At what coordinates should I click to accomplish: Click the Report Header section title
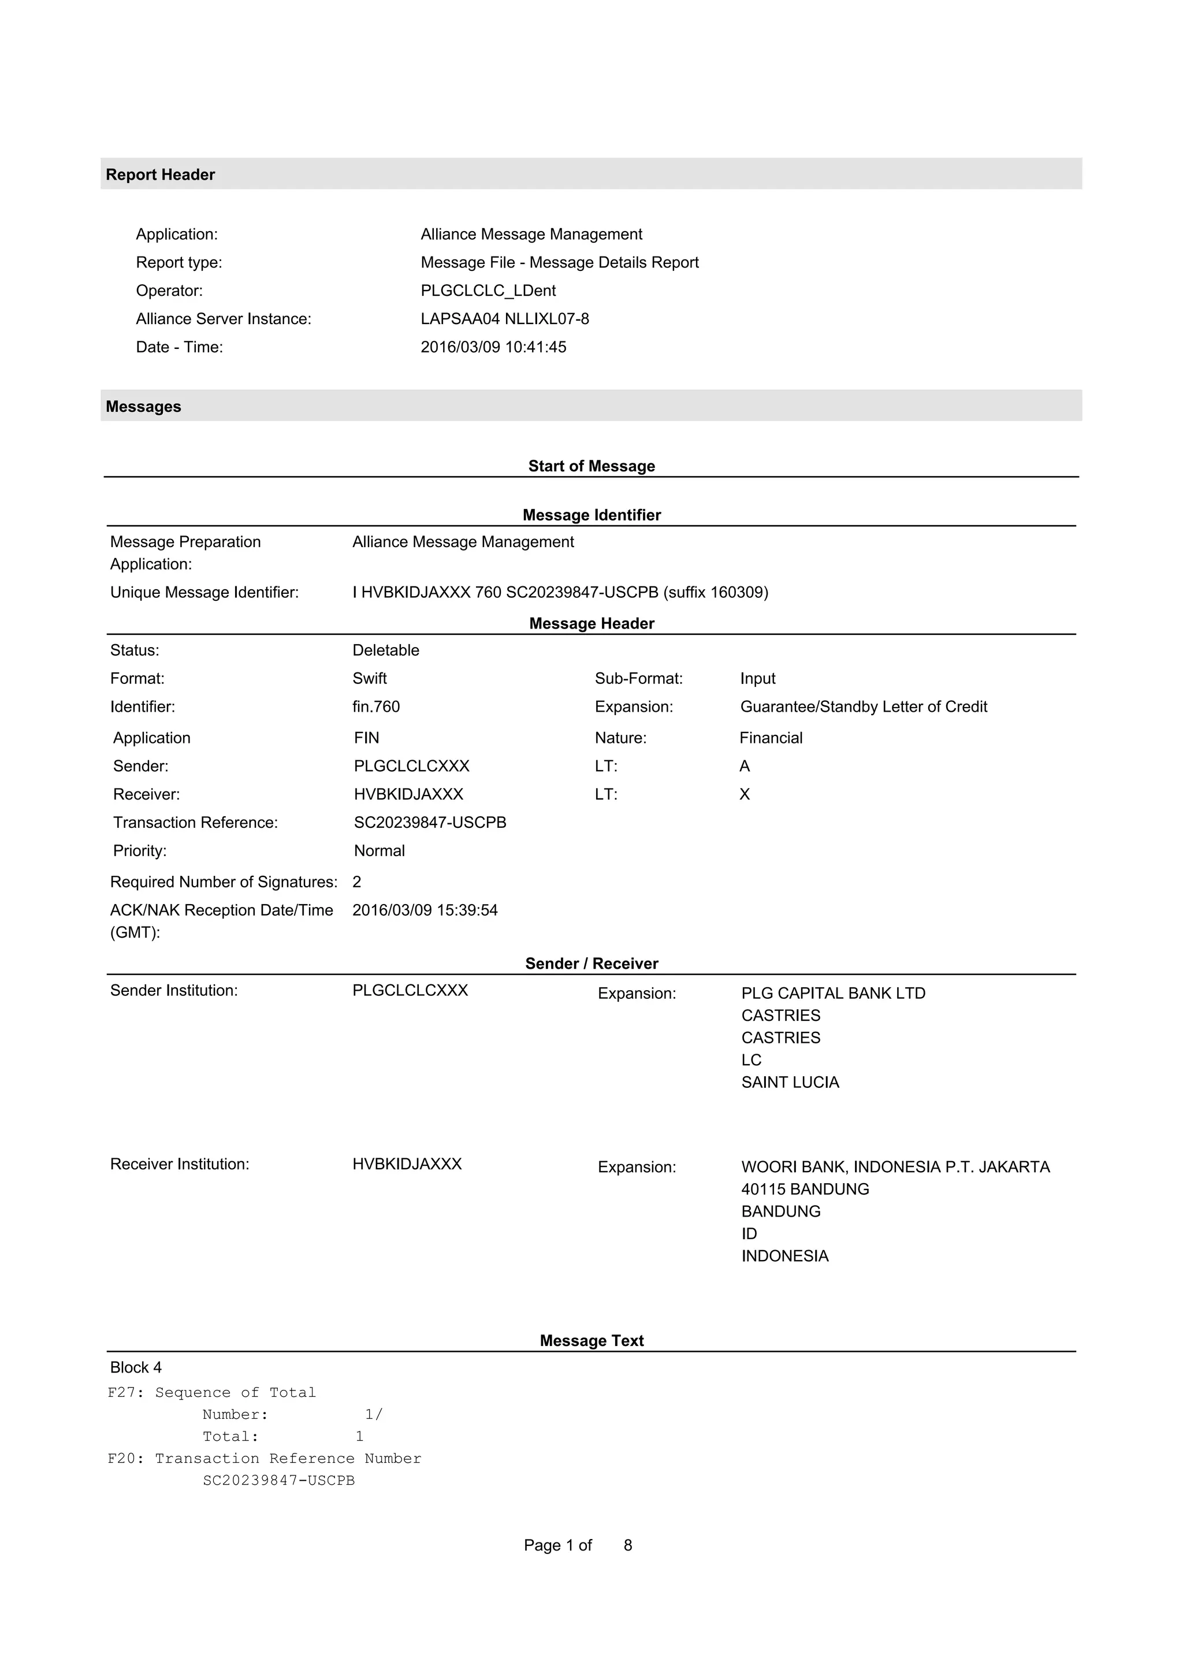pos(160,175)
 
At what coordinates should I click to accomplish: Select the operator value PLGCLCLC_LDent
pos(488,291)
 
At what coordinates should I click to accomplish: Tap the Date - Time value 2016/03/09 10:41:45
pos(493,348)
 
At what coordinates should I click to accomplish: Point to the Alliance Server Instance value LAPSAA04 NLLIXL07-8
pos(505,319)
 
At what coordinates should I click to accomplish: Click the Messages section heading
pos(143,407)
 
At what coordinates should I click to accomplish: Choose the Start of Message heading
pos(591,466)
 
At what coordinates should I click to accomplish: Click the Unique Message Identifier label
pos(204,592)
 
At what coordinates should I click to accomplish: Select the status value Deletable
pos(385,650)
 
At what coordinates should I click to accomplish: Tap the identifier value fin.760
pos(376,707)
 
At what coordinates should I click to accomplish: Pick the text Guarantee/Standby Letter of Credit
pos(863,707)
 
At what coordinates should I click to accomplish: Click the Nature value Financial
pos(771,738)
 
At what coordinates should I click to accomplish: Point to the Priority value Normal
pos(379,851)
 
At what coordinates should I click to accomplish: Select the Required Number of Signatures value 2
pos(357,882)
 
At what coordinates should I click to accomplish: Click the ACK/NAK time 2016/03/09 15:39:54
pos(425,911)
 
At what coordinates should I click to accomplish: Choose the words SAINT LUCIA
pos(790,1083)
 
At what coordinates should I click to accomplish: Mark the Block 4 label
pos(136,1368)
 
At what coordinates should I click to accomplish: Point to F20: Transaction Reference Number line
pos(265,1459)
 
